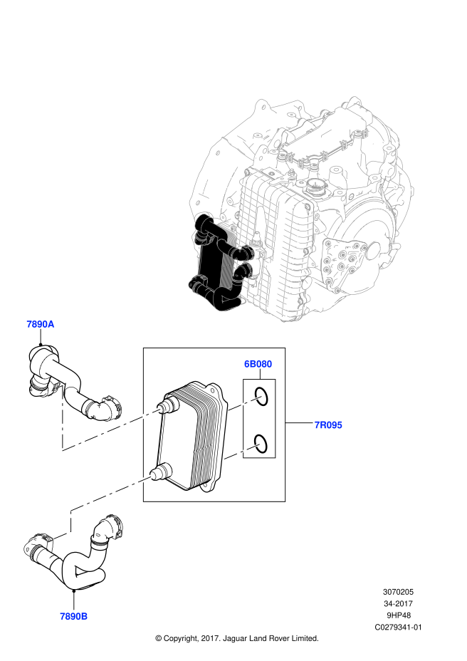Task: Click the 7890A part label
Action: (41, 324)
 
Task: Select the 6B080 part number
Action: (258, 364)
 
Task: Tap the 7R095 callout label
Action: (328, 425)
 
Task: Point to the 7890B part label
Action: (74, 616)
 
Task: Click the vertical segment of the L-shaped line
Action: (62, 420)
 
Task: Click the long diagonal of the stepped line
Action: (112, 493)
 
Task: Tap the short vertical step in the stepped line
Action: (70, 521)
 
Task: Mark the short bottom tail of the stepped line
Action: (62, 535)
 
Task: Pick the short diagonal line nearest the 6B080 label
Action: (245, 403)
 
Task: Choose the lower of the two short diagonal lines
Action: (242, 452)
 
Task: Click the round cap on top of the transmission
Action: (314, 187)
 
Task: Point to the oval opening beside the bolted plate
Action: (373, 251)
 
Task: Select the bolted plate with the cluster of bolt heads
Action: (340, 261)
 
